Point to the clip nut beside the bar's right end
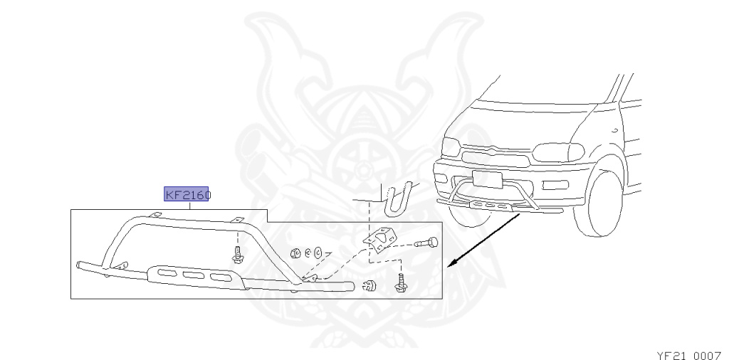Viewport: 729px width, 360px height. [369, 286]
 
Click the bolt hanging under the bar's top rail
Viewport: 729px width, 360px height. [238, 252]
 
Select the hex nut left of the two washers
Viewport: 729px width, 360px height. [294, 253]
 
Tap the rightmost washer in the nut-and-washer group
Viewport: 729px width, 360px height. [318, 252]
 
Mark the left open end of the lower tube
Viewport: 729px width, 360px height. [78, 265]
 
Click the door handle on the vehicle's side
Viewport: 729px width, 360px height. [613, 130]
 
